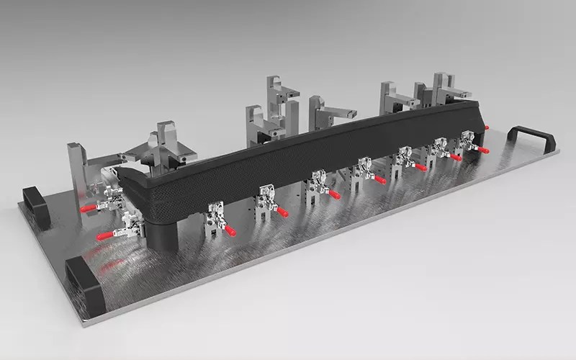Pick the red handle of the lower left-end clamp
(x=105, y=235)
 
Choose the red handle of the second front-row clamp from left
(x=283, y=212)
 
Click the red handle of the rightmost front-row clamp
(x=483, y=150)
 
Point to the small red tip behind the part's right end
(x=487, y=127)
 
